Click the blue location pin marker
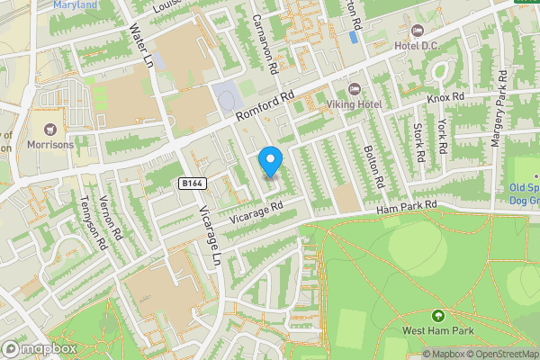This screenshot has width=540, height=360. point(271,161)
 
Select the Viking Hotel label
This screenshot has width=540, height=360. point(354,104)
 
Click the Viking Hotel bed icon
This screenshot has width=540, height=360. point(354,88)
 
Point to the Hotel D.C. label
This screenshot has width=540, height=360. point(415,44)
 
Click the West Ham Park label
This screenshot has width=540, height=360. point(438,331)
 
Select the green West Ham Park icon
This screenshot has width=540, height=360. point(438,316)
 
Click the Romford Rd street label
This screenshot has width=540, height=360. point(265,107)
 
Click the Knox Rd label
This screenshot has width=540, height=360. point(445,96)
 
